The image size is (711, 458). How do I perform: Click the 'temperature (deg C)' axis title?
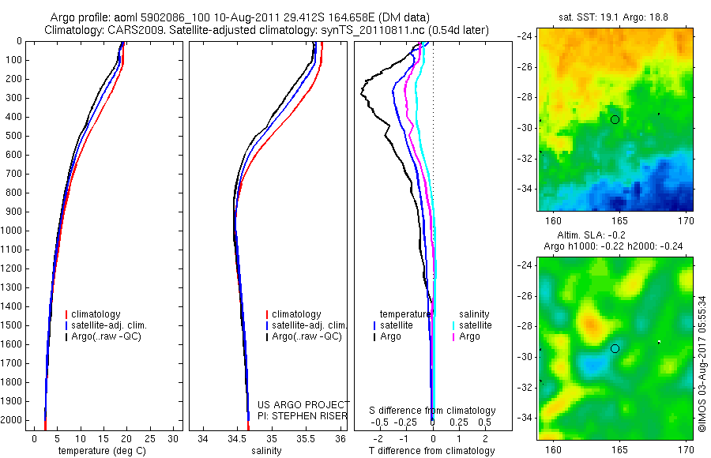(99, 451)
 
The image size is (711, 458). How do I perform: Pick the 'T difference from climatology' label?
(431, 451)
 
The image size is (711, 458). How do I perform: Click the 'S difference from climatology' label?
(433, 411)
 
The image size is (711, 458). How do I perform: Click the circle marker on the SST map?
(615, 119)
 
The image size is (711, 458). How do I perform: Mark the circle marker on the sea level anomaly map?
(615, 348)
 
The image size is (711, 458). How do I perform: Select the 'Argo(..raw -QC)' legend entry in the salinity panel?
(307, 336)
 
